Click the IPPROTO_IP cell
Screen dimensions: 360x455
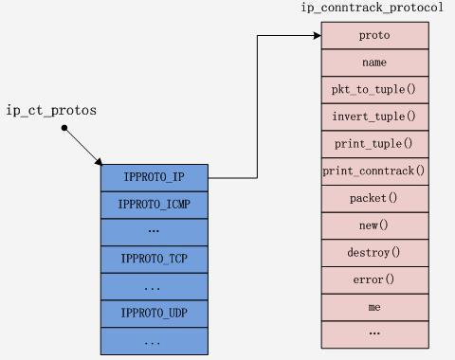[x=154, y=177]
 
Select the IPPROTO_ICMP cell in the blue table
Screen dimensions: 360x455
[x=154, y=205]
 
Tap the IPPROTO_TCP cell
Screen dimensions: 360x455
[x=154, y=259]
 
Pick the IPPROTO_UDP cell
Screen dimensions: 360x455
[x=154, y=313]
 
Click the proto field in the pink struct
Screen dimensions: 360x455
[x=374, y=35]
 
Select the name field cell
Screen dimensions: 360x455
[x=374, y=63]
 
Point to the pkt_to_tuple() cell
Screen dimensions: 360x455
[x=374, y=90]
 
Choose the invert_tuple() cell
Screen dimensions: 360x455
[x=374, y=117]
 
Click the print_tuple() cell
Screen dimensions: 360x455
[x=374, y=144]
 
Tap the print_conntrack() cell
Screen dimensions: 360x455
[x=374, y=171]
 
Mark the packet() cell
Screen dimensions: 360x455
[x=374, y=199]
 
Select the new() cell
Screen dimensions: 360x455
[x=374, y=226]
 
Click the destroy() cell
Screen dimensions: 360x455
[x=374, y=253]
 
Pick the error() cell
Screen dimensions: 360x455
[x=374, y=280]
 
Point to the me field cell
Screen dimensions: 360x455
[x=374, y=308]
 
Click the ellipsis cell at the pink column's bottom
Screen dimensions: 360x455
[x=374, y=333]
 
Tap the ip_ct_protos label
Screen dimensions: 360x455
[x=51, y=111]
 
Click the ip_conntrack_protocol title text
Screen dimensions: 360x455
[x=372, y=9]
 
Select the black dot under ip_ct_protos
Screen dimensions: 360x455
[x=64, y=127]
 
